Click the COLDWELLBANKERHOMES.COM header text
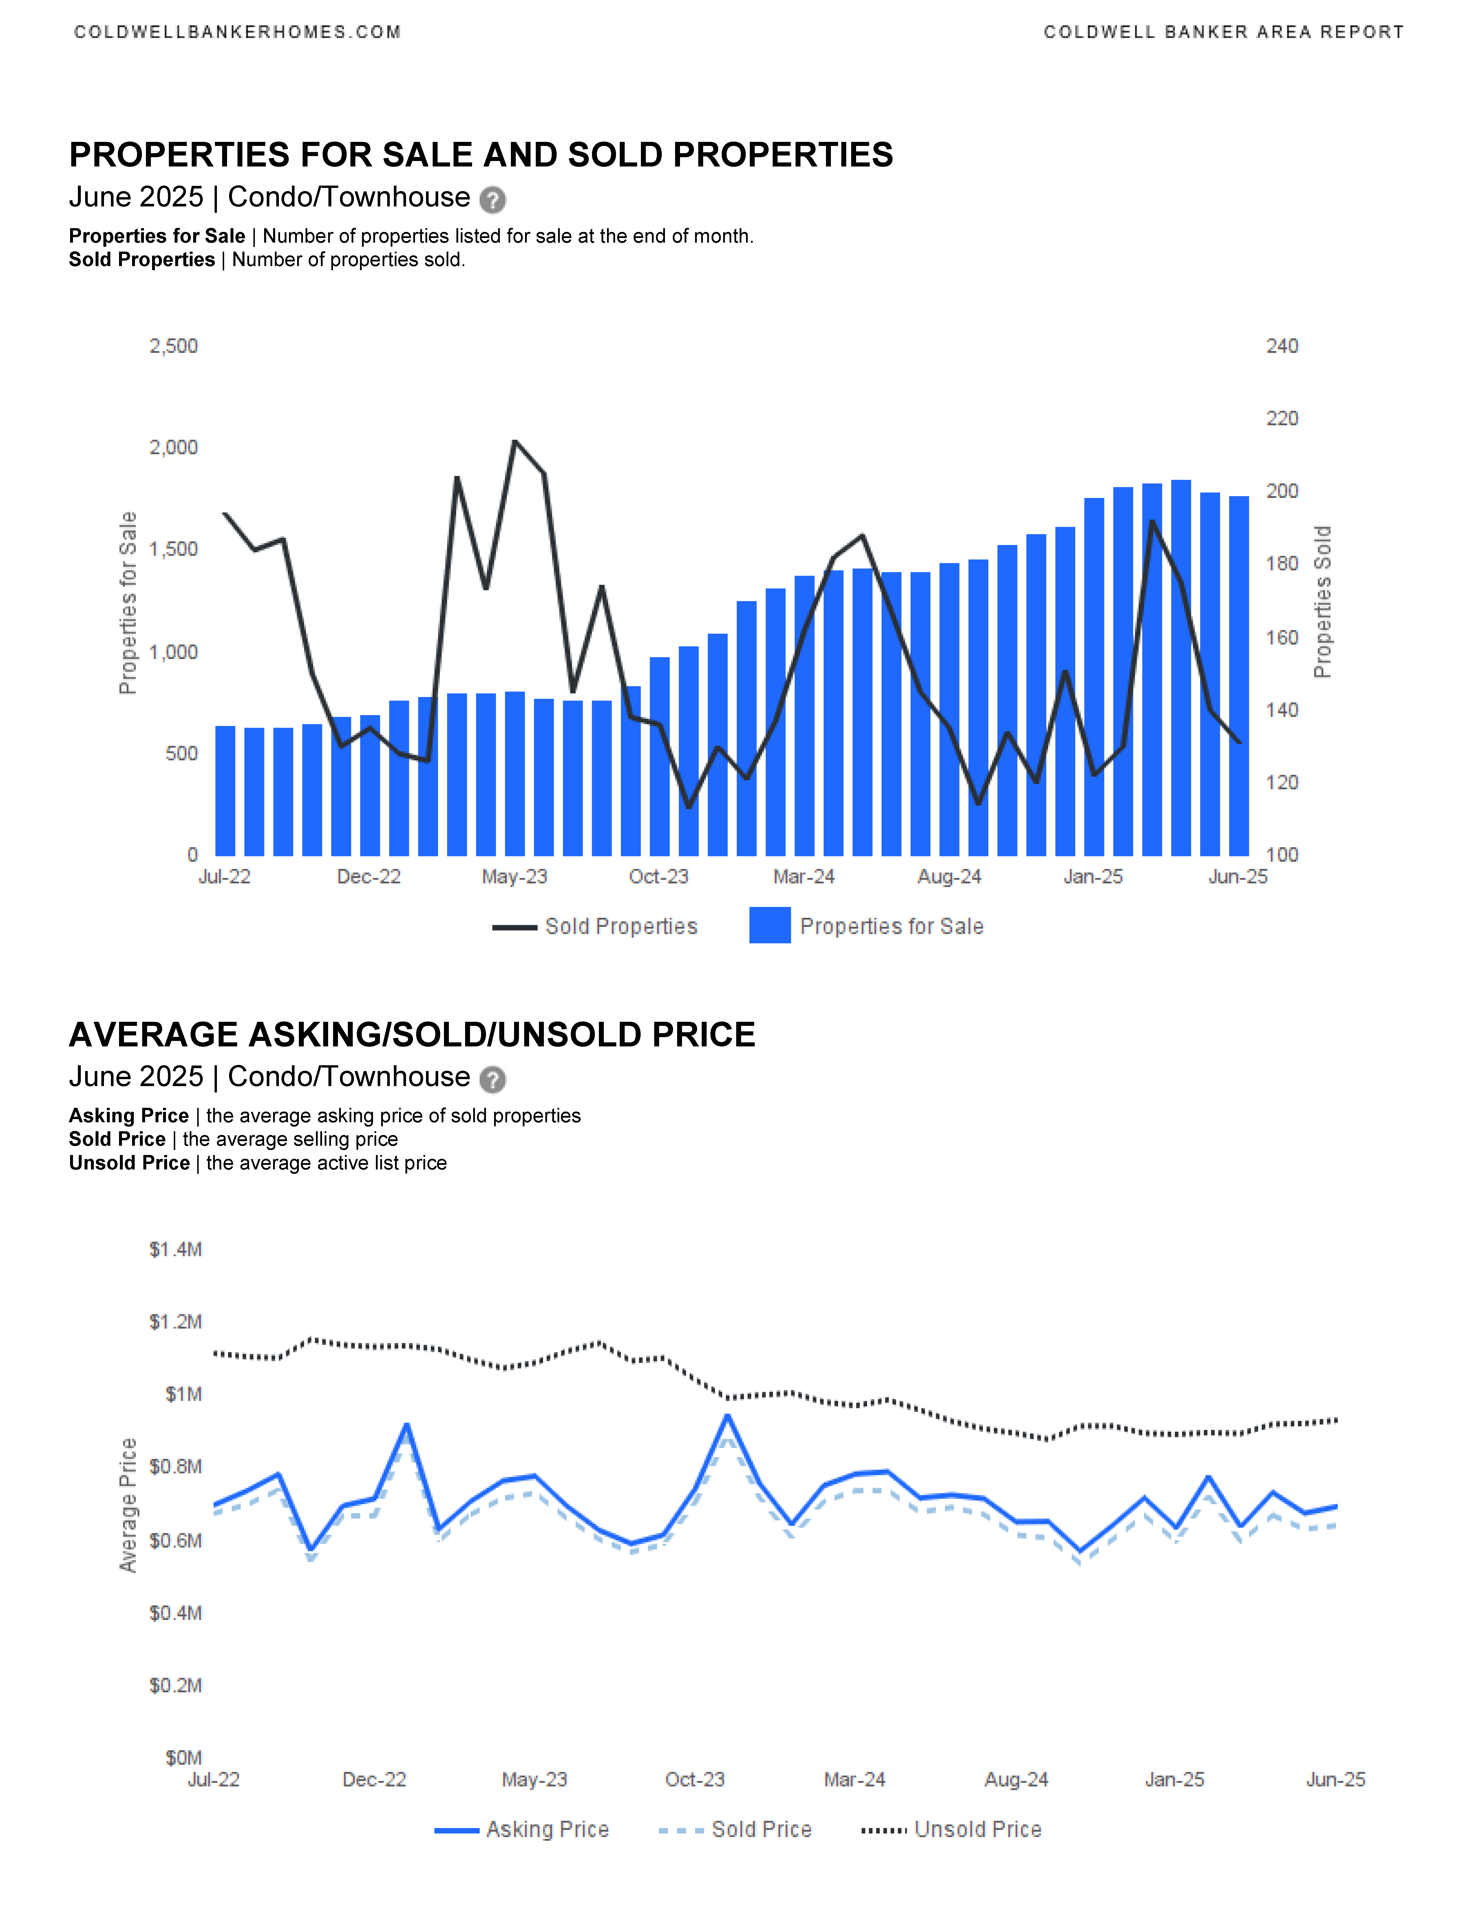[237, 32]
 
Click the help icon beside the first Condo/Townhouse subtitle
[493, 200]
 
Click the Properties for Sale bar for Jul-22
[225, 791]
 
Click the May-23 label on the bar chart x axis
[515, 877]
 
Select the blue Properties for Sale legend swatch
[770, 926]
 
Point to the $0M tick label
[184, 1758]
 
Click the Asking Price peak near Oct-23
[727, 1416]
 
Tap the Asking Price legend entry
[522, 1830]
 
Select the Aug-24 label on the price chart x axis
[1016, 1780]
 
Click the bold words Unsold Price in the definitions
[129, 1163]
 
